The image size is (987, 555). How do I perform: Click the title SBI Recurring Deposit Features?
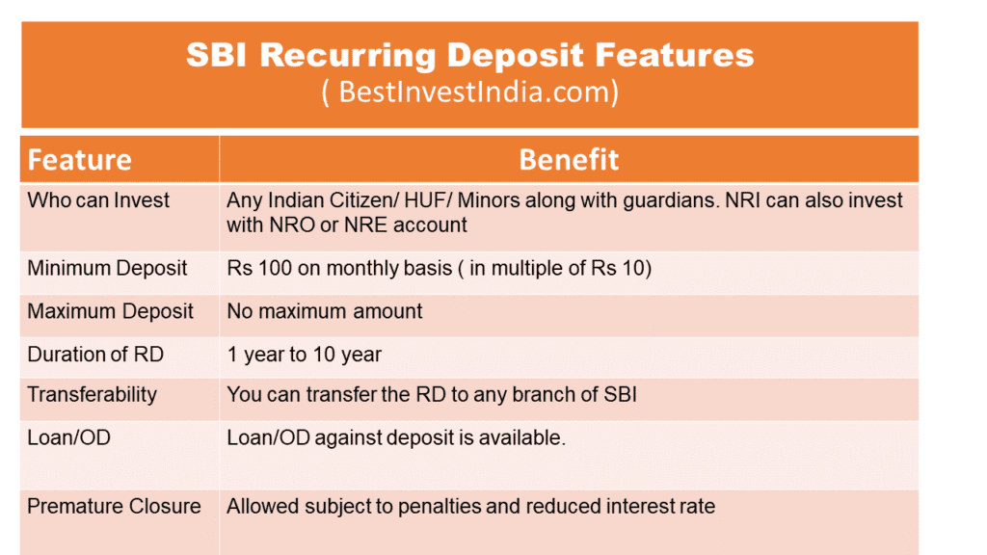coord(469,56)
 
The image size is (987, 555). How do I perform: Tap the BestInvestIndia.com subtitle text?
coord(469,92)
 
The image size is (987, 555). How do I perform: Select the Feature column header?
coord(79,159)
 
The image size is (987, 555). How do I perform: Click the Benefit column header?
coord(569,159)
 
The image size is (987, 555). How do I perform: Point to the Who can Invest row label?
coord(98,200)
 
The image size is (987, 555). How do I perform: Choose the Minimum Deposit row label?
coord(107,268)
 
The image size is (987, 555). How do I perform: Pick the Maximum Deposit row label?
coord(110,311)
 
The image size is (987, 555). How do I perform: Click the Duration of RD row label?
coord(95,355)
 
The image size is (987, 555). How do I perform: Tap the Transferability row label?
coord(92,395)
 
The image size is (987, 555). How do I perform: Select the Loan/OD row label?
coord(68,437)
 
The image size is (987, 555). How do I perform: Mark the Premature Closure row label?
coord(114,506)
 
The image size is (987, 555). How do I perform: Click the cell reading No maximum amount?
coord(325,311)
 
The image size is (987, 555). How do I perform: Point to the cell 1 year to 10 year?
coord(304,355)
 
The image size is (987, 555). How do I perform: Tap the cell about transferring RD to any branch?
coord(432,395)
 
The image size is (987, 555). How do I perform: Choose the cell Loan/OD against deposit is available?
coord(395,437)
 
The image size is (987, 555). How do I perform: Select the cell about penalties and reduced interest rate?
coord(470,506)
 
